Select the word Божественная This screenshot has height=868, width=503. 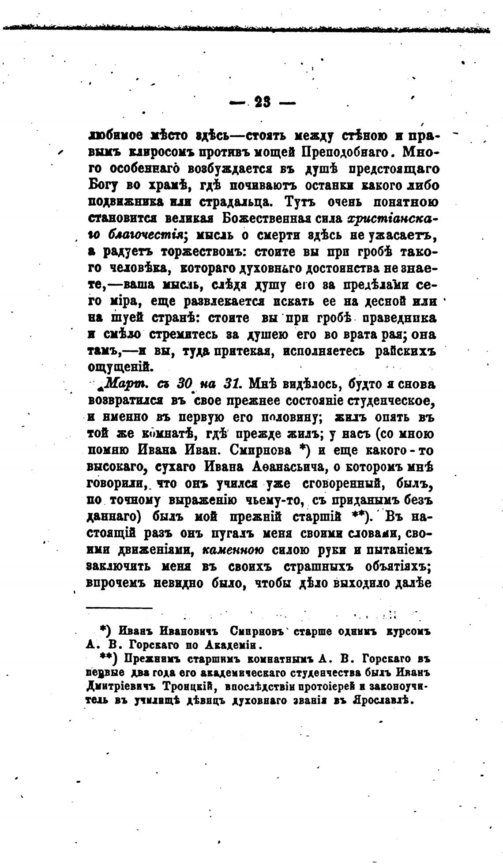point(282,219)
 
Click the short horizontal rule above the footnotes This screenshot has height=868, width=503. point(119,609)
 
